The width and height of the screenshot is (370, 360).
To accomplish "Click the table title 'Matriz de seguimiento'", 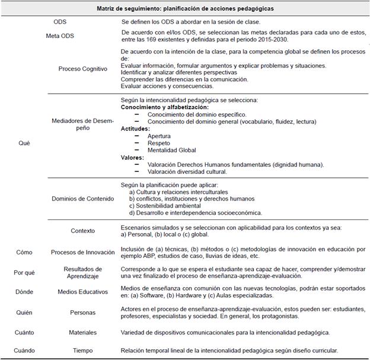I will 185,8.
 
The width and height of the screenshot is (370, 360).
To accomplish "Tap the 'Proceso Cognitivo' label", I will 82,69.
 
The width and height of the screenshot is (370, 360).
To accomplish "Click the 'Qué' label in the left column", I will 24,143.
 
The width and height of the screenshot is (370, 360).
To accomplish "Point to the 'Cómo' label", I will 24,252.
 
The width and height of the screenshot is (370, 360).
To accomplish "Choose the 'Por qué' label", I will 24,273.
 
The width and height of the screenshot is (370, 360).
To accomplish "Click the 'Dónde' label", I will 24,292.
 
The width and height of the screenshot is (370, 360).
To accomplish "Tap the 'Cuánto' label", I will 24,333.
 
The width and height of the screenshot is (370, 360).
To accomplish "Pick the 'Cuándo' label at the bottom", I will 24,351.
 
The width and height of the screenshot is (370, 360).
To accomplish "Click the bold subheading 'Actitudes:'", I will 136,128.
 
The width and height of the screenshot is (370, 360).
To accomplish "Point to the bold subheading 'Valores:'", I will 133,158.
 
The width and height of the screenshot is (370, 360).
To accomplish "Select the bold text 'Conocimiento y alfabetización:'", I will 165,107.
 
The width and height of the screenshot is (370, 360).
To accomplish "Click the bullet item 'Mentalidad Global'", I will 172,150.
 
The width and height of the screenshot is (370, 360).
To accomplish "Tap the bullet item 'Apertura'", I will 160,136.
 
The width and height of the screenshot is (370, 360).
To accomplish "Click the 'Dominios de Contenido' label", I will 82,199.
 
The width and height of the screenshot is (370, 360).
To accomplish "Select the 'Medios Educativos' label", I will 82,292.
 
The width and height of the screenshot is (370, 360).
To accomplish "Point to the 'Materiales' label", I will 82,333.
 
